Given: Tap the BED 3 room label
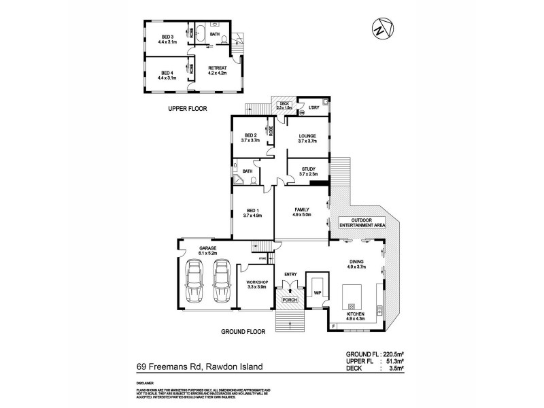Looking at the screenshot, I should click(167, 39).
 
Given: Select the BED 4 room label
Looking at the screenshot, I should click(167, 75).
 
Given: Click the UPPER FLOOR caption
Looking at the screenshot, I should click(187, 109).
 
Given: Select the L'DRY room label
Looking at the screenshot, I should click(313, 108).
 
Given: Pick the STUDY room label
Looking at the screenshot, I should click(308, 172).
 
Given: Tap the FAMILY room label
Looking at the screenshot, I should click(302, 212).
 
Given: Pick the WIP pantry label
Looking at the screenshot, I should click(316, 292).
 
